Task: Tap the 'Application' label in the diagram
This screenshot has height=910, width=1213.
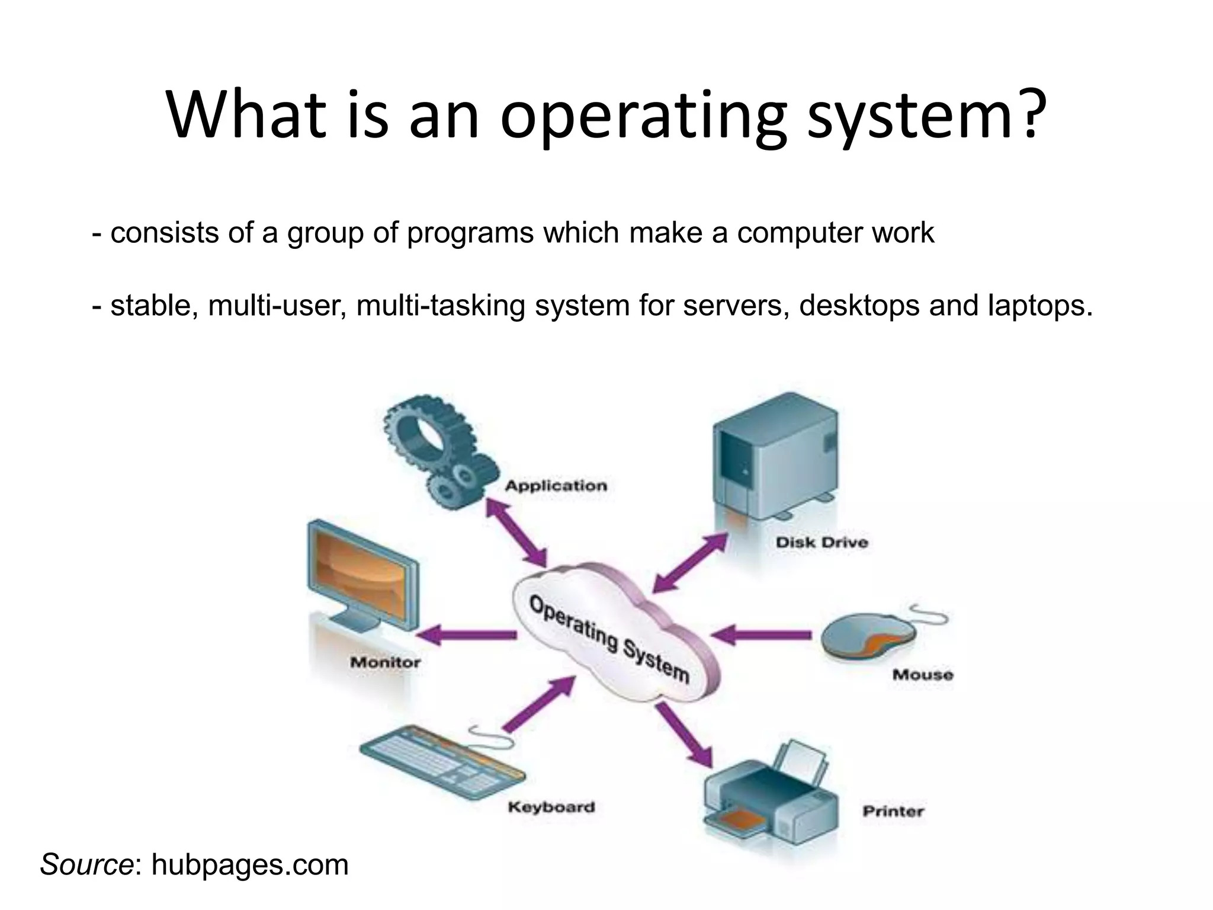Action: (556, 486)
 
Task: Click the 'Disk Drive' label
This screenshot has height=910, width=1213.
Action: (821, 542)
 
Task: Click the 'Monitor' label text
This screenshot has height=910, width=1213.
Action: (385, 662)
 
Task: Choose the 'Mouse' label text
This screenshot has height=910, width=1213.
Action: (922, 675)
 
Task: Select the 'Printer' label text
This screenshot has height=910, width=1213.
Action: (893, 811)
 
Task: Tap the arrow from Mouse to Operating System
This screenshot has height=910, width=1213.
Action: (761, 635)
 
